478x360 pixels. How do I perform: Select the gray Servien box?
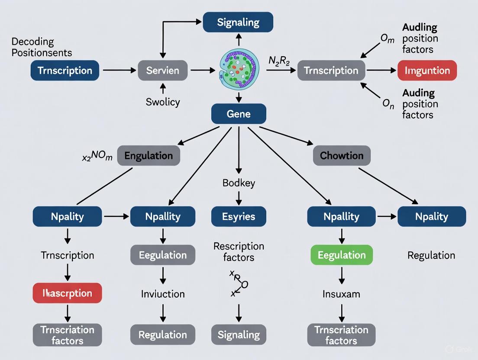(163, 71)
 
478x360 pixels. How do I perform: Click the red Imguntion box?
(427, 71)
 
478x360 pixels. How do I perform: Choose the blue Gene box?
(238, 114)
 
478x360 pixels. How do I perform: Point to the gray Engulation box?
(149, 156)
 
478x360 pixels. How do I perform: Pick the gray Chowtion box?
(342, 156)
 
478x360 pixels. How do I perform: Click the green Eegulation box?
(342, 255)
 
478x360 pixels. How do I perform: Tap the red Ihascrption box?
(67, 293)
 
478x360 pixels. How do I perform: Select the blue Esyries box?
(239, 217)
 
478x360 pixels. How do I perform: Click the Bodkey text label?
(239, 183)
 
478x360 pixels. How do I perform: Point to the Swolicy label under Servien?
(163, 102)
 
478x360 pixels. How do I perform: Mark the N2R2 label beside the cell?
(280, 61)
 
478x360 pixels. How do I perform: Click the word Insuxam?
(341, 294)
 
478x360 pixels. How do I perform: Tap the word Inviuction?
(163, 294)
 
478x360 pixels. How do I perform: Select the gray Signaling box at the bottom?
(239, 334)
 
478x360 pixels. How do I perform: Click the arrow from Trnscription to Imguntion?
(380, 71)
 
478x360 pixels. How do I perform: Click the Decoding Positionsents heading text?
(42, 48)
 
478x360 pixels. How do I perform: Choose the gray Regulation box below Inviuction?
(163, 334)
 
